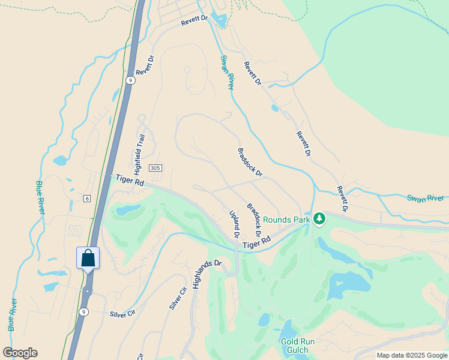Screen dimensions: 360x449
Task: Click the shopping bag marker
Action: coord(88,258)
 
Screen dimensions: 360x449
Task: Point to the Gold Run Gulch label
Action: coord(294,346)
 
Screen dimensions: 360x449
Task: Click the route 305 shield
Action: coord(155,169)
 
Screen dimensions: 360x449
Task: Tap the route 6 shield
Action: coord(87,199)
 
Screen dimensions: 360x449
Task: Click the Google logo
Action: coord(20,353)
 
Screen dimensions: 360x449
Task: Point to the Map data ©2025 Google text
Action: coord(412,355)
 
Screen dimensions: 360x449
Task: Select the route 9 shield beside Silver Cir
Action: coord(84,311)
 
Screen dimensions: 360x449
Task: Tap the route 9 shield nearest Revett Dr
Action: coord(130,80)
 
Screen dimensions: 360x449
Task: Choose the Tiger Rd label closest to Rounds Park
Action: coord(257,242)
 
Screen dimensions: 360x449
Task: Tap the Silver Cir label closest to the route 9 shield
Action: coord(122,314)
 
